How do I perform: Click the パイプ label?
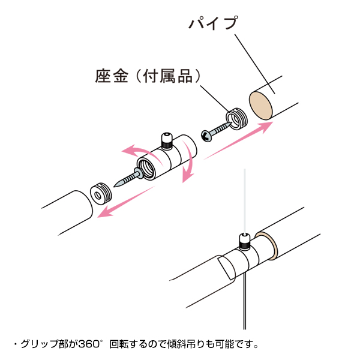pyautogui.click(x=213, y=23)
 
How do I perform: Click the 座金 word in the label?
pyautogui.click(x=112, y=76)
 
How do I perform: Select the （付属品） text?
pyautogui.click(x=168, y=76)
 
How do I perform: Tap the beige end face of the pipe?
pyautogui.click(x=261, y=106)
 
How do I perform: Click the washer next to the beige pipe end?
pyautogui.click(x=237, y=119)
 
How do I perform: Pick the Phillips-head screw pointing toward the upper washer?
pyautogui.click(x=215, y=133)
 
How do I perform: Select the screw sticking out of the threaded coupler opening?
pyautogui.click(x=128, y=178)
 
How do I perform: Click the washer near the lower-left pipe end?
pyautogui.click(x=101, y=194)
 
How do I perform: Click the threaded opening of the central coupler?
pyautogui.click(x=146, y=168)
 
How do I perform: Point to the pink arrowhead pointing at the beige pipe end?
pyautogui.click(x=265, y=127)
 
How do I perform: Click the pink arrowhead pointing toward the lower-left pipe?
pyautogui.click(x=104, y=212)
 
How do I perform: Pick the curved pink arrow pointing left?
pyautogui.click(x=140, y=152)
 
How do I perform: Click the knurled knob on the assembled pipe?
pyautogui.click(x=245, y=242)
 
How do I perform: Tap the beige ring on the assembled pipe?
pyautogui.click(x=268, y=246)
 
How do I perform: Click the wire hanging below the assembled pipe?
pyautogui.click(x=245, y=301)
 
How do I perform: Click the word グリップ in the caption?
pyautogui.click(x=40, y=344)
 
